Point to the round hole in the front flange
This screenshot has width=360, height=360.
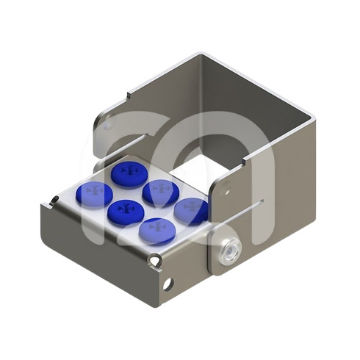[170, 283]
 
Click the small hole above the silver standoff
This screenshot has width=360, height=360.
[228, 191]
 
